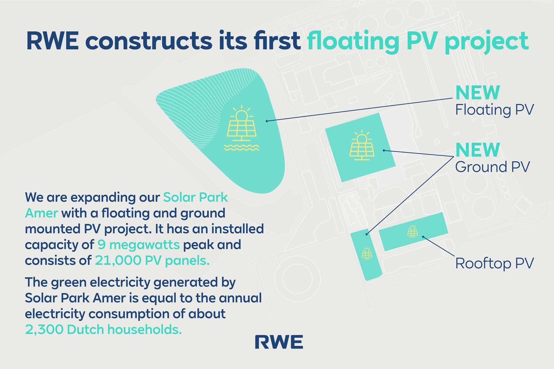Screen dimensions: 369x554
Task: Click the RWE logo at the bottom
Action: (279, 342)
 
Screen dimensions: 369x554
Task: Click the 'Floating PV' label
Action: (494, 110)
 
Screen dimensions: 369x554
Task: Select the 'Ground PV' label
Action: (492, 167)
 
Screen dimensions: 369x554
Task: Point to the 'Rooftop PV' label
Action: (494, 263)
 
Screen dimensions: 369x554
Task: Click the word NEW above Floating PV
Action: (477, 92)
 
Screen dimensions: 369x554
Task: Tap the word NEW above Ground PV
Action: (477, 150)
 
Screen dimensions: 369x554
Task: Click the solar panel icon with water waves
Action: (241, 128)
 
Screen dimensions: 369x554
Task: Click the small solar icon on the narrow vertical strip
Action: (366, 253)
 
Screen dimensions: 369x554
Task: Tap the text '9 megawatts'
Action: (138, 245)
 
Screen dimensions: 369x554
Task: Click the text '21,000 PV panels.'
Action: (152, 261)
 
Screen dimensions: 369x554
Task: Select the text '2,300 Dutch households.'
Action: (103, 330)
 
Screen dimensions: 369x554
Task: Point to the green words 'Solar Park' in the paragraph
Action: (195, 197)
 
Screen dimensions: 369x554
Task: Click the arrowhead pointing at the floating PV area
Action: (267, 121)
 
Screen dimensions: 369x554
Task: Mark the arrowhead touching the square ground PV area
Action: (384, 150)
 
